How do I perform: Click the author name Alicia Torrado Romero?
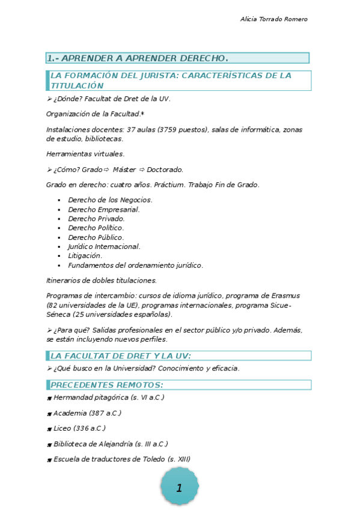point(273,19)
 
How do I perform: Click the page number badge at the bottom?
point(179,488)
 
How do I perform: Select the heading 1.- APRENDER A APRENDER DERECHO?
point(138,58)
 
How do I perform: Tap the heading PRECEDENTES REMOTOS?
point(107,385)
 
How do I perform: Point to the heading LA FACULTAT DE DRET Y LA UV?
point(121,355)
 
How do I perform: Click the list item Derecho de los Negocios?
point(110,200)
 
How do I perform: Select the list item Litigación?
point(85,256)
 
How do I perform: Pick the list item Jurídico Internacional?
point(104,247)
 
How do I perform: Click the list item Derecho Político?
point(96,228)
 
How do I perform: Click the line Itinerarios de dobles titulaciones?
point(102,280)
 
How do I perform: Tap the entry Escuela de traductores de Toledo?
point(121,459)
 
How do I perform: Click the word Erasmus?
point(285,296)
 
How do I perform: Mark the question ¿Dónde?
point(67,99)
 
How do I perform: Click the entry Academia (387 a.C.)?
point(87,413)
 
